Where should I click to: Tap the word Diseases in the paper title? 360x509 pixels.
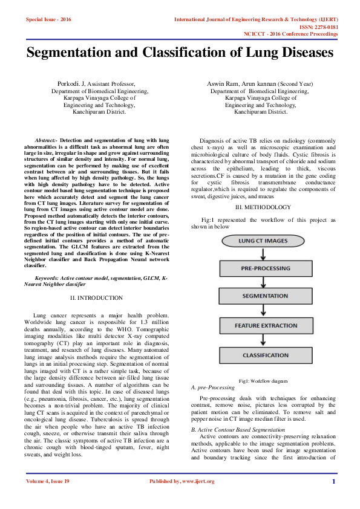point(301,53)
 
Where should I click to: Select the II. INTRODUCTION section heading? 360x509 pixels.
point(97,298)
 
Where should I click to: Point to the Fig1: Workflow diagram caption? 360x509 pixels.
point(264,381)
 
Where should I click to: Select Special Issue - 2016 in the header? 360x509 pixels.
point(48,20)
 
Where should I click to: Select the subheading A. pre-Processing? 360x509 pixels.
point(212,387)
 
